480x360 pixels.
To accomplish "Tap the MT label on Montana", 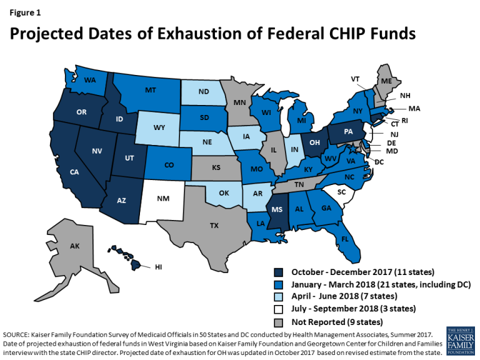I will (151, 90).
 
